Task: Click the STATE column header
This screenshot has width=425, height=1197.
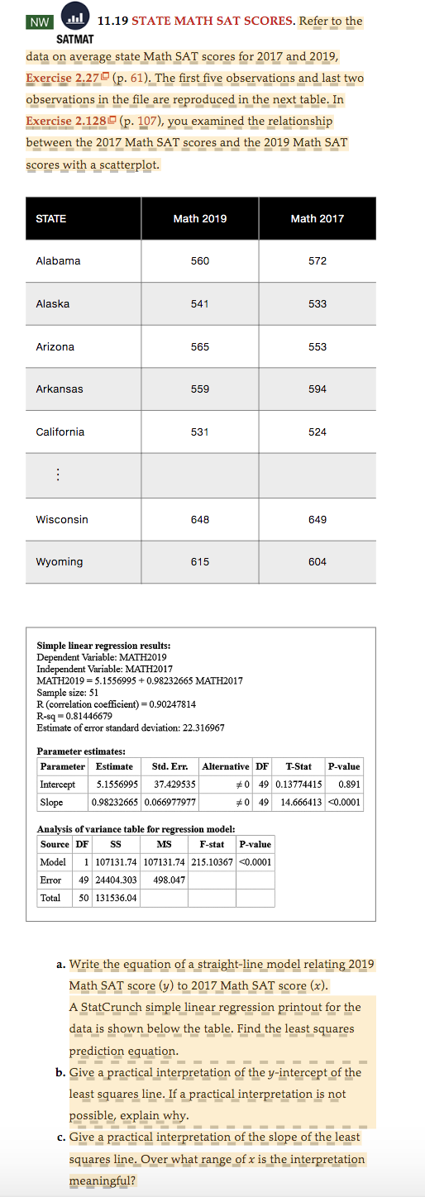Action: tap(51, 218)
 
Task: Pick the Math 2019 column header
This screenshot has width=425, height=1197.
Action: tap(200, 218)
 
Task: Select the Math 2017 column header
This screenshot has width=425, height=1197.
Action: tap(318, 218)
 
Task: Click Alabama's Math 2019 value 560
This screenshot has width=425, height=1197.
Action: tap(200, 261)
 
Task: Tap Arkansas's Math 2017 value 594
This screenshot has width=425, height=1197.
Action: tap(318, 389)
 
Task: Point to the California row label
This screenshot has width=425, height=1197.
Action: tap(60, 432)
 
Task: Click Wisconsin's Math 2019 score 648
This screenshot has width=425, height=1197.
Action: tap(200, 519)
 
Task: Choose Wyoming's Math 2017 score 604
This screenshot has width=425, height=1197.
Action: tap(318, 562)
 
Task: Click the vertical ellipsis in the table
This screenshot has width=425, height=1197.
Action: tap(57, 475)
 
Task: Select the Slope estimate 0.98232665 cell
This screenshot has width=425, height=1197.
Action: tap(115, 802)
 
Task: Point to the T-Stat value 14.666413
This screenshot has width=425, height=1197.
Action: tap(298, 802)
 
